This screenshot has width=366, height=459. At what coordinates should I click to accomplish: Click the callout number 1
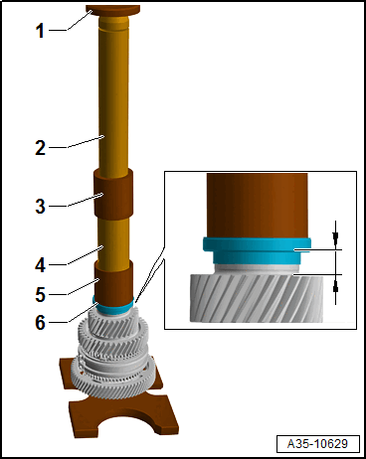40,31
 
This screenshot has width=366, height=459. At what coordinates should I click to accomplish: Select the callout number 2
40,148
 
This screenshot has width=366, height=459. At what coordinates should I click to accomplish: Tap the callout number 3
40,206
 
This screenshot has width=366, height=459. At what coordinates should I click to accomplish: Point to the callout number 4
40,265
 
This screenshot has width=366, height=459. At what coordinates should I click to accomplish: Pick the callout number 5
40,294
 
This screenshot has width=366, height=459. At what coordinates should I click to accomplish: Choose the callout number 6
40,322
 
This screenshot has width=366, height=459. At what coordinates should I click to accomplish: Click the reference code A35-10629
317,443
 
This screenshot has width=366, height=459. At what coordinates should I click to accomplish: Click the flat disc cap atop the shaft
112,10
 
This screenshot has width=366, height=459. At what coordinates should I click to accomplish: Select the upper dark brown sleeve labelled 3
113,193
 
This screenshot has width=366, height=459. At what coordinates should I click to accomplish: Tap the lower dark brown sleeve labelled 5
114,282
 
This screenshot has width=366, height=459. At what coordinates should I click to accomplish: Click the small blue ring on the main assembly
114,306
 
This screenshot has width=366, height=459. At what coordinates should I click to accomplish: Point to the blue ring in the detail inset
257,250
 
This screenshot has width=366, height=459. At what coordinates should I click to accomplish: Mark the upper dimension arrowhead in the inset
335,235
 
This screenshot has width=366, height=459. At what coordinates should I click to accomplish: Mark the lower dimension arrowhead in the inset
335,289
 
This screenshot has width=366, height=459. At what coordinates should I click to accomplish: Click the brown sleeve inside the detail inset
258,206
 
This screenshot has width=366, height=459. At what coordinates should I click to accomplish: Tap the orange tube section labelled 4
112,241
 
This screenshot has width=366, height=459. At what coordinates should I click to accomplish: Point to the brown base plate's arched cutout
127,423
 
